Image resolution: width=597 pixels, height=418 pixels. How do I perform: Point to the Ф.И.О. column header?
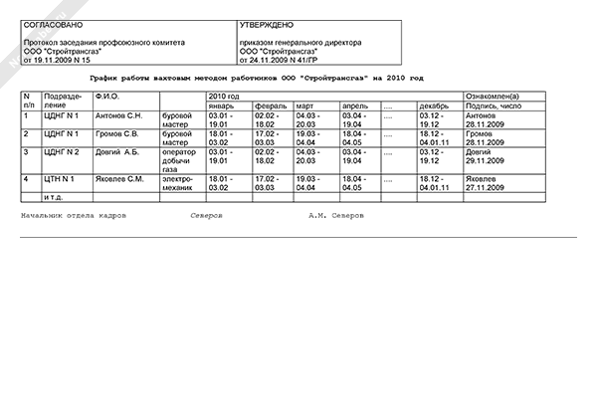(x=106, y=96)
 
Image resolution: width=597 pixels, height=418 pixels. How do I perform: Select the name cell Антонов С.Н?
(x=117, y=115)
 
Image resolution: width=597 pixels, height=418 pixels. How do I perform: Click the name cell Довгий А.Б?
(x=115, y=152)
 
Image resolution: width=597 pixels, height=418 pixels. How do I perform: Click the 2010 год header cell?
(x=224, y=96)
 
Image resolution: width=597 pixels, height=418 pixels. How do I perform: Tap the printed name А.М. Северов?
(x=336, y=215)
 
